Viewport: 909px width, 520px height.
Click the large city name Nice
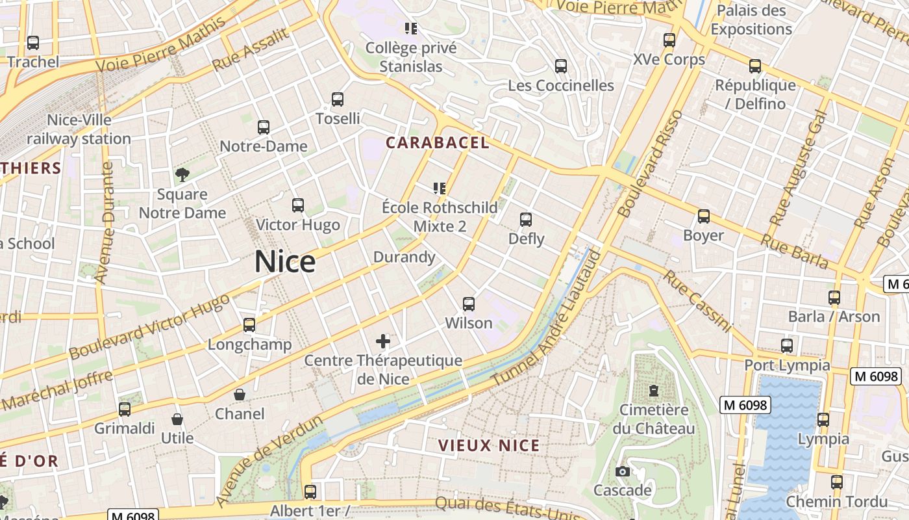285,261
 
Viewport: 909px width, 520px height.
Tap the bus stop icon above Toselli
338,99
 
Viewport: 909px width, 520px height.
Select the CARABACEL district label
438,143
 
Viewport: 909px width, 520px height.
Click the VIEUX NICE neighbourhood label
489,446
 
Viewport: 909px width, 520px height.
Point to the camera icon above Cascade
623,471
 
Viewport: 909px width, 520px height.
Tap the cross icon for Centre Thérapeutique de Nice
383,341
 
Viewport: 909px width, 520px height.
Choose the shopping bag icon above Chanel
240,395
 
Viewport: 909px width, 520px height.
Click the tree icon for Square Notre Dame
182,174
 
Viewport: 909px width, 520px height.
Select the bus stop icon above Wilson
469,304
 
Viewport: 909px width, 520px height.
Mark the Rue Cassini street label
697,300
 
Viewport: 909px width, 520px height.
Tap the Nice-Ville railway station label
79,129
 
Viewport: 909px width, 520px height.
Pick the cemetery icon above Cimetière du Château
654,391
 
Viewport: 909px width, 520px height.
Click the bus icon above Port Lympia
787,346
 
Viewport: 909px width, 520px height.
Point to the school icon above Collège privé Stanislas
411,28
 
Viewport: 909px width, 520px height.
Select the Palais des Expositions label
751,19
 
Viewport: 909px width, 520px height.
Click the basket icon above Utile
177,419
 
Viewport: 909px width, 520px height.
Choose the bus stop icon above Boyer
703,216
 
